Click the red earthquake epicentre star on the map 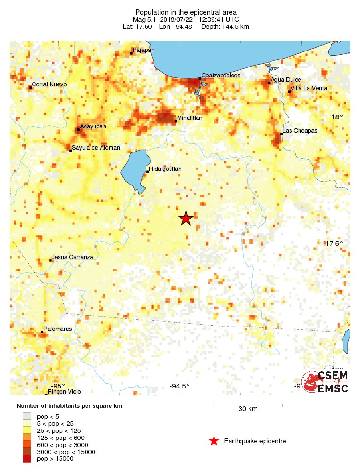186,218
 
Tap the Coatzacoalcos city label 221,76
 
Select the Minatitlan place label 190,118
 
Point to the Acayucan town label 93,126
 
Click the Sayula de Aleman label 96,148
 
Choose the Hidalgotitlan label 165,169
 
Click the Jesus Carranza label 73,257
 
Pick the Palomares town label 58,329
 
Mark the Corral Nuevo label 49,84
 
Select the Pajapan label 144,50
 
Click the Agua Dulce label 286,80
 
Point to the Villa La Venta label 309,88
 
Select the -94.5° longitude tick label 180,386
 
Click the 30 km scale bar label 248,409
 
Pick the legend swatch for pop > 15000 27,458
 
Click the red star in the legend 214,441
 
